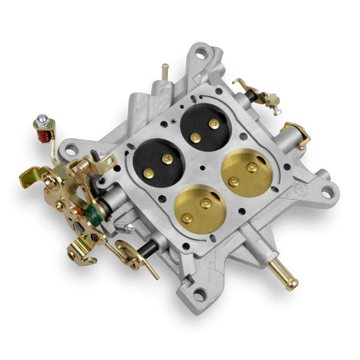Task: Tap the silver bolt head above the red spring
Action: click(41, 119)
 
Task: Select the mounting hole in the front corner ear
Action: click(199, 296)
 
